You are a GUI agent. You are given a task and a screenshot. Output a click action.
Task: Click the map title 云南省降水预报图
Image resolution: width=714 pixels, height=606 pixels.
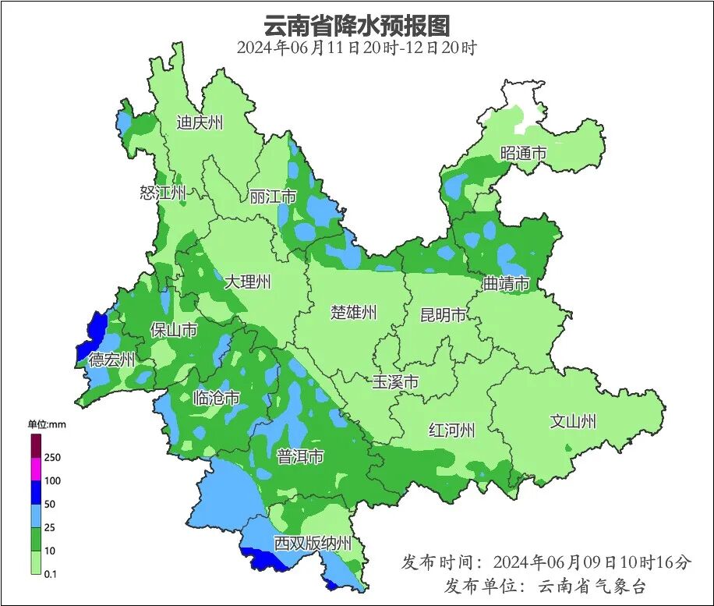[x=357, y=25]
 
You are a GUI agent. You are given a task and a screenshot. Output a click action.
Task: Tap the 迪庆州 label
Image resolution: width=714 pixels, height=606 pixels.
[x=200, y=122]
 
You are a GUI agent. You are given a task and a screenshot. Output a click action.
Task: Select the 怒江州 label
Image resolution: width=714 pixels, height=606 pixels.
[x=163, y=193]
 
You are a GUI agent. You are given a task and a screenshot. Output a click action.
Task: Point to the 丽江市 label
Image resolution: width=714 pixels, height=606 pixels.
[x=273, y=197]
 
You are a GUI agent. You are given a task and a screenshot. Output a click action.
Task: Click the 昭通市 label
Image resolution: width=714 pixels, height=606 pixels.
[x=523, y=154]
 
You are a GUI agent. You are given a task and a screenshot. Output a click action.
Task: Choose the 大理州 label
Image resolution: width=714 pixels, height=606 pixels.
[x=247, y=282]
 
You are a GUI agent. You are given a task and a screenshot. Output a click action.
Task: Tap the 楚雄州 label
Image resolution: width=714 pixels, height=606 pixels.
[x=353, y=313]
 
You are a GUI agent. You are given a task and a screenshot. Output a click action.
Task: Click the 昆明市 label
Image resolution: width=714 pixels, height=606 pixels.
[x=443, y=315]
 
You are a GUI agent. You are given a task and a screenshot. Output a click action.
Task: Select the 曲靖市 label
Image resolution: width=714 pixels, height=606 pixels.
[x=506, y=283]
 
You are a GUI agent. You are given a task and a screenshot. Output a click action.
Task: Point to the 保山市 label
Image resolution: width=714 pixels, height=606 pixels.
[x=173, y=331]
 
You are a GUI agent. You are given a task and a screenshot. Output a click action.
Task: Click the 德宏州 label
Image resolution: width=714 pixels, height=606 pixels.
[x=111, y=360]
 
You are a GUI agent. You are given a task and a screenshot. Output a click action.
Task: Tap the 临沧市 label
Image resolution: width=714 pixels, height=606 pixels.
[x=216, y=399]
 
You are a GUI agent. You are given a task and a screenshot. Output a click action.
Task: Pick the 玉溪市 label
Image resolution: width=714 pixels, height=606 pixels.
[x=395, y=382]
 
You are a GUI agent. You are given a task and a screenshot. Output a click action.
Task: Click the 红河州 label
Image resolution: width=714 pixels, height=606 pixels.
[x=451, y=430]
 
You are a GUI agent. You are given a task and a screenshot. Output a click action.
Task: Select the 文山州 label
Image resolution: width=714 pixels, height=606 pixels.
[x=573, y=421]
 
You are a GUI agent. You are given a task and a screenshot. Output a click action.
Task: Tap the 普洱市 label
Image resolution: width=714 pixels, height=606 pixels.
[x=300, y=457]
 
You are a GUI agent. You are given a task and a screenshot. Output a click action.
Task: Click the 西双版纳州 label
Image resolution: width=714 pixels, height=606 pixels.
[x=313, y=544]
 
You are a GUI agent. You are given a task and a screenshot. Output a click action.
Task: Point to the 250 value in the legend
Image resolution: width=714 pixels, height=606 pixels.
[x=53, y=457]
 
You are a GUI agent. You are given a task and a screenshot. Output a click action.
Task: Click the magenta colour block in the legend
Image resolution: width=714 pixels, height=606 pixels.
[x=36, y=469]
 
